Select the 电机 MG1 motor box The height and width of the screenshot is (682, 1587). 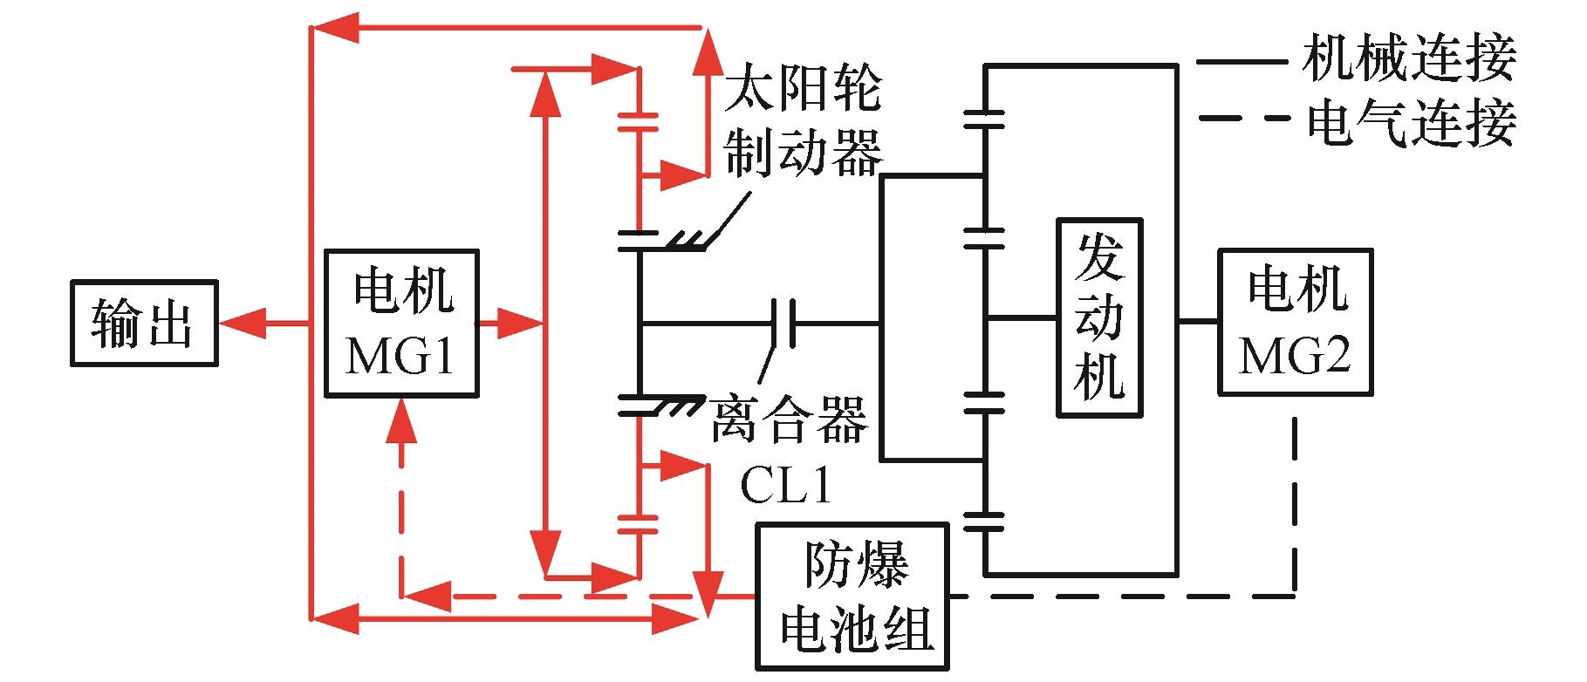point(401,324)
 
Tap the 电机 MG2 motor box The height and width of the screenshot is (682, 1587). point(1295,322)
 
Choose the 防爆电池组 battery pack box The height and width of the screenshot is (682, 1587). point(852,597)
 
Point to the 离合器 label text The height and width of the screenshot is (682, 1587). point(790,419)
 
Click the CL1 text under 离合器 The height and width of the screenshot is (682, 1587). point(786,486)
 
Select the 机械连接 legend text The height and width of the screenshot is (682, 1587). point(1409,58)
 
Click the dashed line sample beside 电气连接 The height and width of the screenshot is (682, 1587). point(1242,119)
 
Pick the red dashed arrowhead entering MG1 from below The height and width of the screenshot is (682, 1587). point(401,419)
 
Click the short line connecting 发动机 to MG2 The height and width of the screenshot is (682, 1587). point(1198,321)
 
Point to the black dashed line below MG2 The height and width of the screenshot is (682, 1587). point(1295,506)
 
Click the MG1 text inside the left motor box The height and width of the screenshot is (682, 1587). point(400,355)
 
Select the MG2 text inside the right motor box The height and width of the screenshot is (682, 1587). point(1295,354)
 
